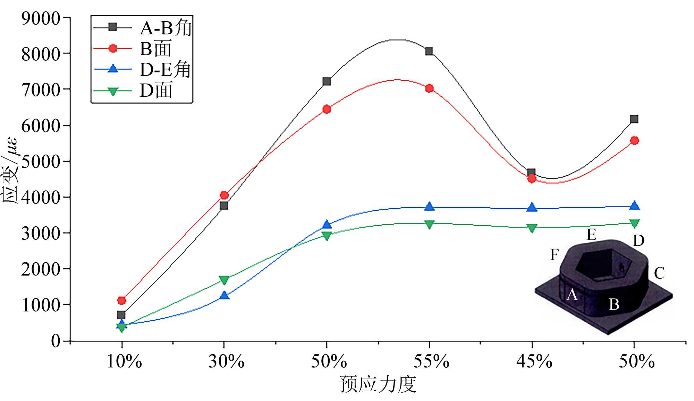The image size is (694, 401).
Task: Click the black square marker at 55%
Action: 429,51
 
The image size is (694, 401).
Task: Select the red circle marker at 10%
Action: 121,300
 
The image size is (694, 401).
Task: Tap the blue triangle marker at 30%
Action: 224,295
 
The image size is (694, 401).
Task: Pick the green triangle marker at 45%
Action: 532,228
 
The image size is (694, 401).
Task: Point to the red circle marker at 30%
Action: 224,195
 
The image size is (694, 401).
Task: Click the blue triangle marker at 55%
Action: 429,206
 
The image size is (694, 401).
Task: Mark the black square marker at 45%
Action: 531,172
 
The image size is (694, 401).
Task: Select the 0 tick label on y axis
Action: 56,341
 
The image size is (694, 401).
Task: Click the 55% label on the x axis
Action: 431,361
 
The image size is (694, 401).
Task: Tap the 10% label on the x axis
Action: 124,361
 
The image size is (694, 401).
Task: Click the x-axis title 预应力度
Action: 378,384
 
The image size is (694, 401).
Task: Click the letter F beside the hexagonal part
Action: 554,255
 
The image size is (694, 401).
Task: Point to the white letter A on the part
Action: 572,295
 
